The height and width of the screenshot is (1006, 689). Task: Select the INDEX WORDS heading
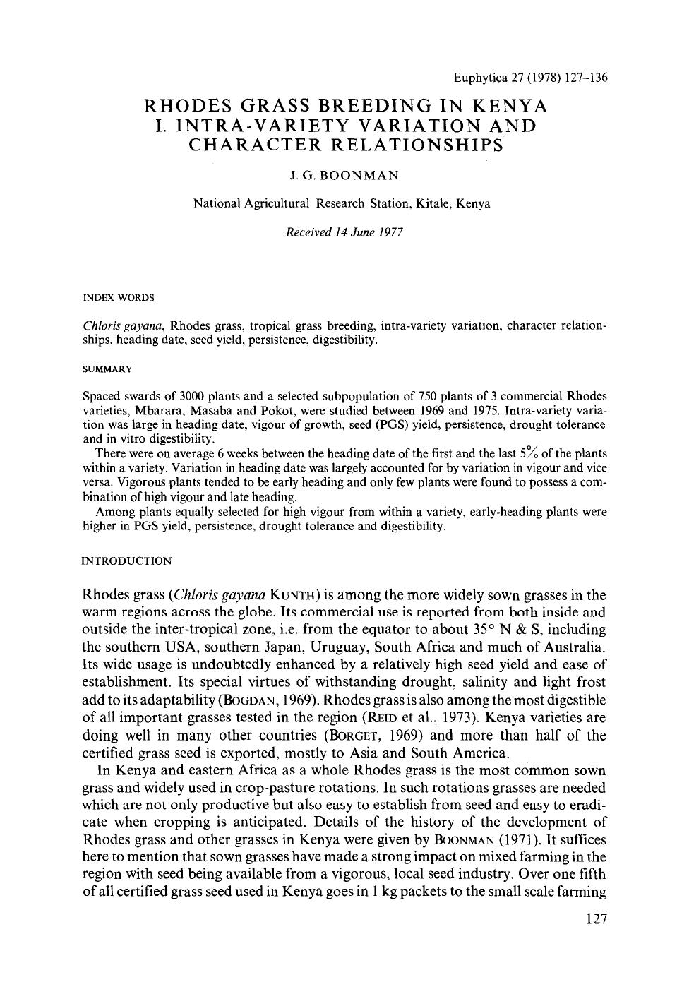click(119, 297)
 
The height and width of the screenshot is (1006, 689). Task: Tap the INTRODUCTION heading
click(126, 561)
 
